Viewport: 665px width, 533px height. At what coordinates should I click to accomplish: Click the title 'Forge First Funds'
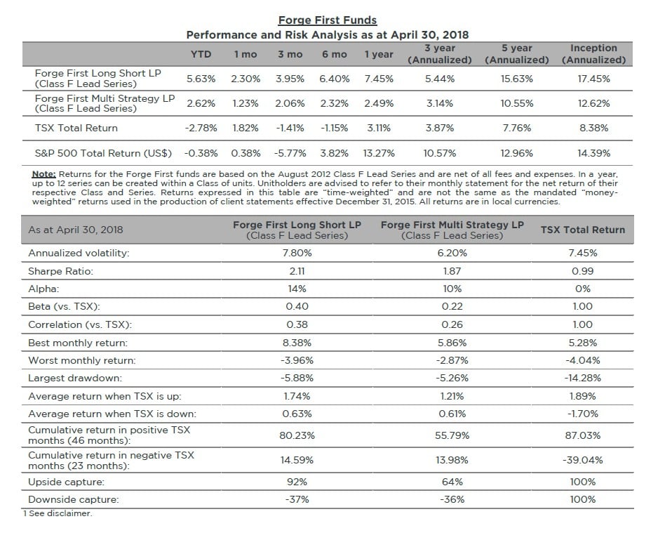[327, 20]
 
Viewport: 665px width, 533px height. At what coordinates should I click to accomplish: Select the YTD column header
[201, 54]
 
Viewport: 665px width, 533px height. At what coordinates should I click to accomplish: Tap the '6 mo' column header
[334, 54]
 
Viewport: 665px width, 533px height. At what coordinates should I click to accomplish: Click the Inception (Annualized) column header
[593, 54]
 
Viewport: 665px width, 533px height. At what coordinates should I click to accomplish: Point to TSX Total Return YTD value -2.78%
[201, 128]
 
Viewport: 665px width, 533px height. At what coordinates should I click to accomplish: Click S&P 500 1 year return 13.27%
[379, 152]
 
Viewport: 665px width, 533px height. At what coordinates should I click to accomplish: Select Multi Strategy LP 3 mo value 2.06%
[290, 103]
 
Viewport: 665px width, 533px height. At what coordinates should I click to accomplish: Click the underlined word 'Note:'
[44, 173]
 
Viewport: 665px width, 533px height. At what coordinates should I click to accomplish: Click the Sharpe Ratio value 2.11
[297, 270]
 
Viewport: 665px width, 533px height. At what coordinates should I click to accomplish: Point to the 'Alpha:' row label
[43, 289]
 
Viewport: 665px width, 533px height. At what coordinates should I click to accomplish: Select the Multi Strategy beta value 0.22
[452, 306]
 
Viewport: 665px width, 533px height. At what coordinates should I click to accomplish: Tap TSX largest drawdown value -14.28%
[582, 378]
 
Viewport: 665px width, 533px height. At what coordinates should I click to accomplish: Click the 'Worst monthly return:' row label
[81, 360]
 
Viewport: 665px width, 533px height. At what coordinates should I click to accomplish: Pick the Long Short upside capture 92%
[297, 482]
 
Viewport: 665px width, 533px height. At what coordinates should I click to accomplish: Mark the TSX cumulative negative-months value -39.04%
[582, 460]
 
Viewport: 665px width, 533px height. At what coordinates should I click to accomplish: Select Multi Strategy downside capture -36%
[452, 499]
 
